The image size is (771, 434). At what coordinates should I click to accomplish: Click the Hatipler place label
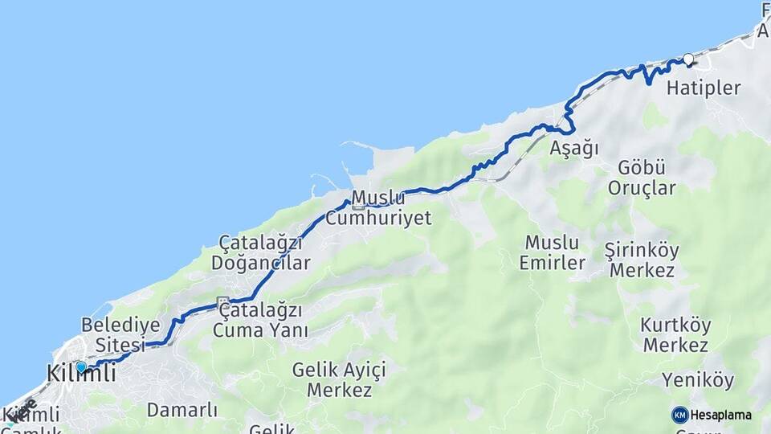tap(704, 88)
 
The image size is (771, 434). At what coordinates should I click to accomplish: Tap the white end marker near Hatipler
tap(688, 59)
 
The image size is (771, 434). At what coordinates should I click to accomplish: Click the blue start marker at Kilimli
tap(81, 366)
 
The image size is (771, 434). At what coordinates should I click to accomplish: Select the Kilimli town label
tap(81, 375)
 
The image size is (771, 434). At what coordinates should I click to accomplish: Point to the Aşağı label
tap(575, 148)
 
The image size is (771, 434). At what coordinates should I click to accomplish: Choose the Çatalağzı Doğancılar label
tap(260, 253)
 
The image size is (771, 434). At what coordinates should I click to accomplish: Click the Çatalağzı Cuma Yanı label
tap(261, 320)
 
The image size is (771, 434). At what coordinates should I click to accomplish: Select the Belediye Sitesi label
tap(113, 335)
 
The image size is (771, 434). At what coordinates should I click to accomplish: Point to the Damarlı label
tap(182, 410)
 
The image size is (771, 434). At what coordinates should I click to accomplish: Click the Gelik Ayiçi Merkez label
tap(339, 380)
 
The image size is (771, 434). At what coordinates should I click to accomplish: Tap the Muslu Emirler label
tap(552, 252)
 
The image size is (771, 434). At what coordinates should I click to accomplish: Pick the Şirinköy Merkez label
tap(642, 260)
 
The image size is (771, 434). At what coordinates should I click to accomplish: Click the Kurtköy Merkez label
tap(675, 335)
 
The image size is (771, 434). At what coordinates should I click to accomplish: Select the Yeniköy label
tap(695, 379)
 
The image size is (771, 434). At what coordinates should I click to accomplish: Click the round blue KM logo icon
tap(680, 415)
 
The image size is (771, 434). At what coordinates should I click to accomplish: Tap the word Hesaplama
tap(721, 415)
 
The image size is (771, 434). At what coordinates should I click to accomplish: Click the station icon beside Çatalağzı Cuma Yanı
tap(223, 302)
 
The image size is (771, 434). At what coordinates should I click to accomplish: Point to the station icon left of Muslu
tap(358, 206)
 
